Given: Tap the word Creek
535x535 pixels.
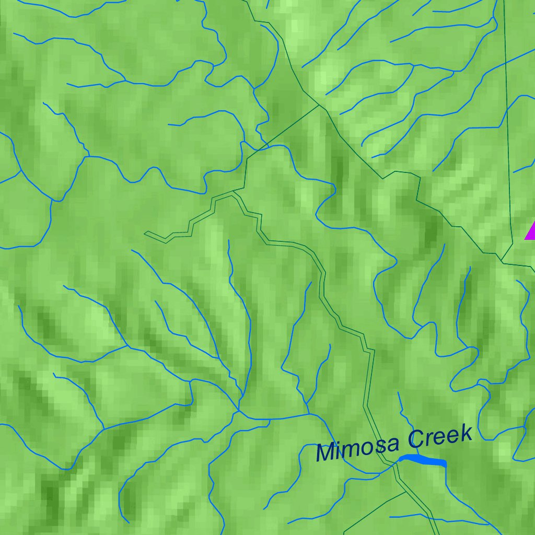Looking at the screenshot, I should (440, 437).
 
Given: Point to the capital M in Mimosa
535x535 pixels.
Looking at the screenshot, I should (325, 453).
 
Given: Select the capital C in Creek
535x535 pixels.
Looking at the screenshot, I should (416, 440).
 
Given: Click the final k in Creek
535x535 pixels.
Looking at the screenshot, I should (466, 434).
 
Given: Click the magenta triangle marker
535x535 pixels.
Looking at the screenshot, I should (531, 231).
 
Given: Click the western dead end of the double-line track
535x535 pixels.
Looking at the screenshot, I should (146, 232).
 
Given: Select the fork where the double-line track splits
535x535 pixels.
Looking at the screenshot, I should (234, 193).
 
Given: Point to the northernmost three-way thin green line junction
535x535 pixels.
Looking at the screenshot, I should (319, 105).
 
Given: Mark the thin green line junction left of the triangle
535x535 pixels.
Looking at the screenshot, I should (502, 261).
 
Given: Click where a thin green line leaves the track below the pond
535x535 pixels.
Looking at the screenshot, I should (406, 492).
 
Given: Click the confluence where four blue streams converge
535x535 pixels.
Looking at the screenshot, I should (239, 411).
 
